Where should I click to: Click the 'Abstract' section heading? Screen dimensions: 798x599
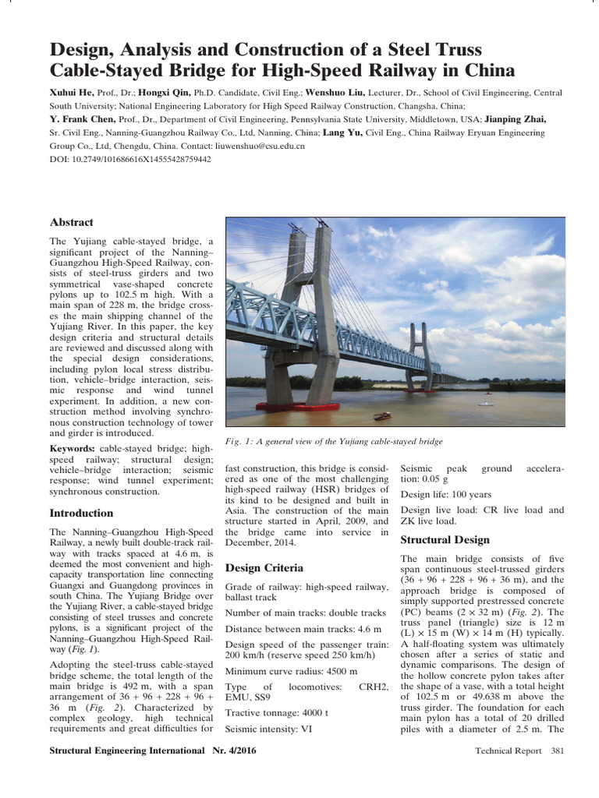point(71,222)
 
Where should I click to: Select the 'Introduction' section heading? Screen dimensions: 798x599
point(81,513)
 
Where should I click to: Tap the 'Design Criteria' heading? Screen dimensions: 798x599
point(264,567)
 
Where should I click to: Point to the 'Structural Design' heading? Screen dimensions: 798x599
point(445,539)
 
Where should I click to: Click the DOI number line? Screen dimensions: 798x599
point(130,159)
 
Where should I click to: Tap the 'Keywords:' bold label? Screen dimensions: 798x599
point(73,450)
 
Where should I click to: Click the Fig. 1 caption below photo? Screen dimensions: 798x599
point(334,441)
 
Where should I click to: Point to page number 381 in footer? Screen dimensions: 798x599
point(557,750)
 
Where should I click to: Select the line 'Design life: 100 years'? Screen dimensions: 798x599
point(445,494)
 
